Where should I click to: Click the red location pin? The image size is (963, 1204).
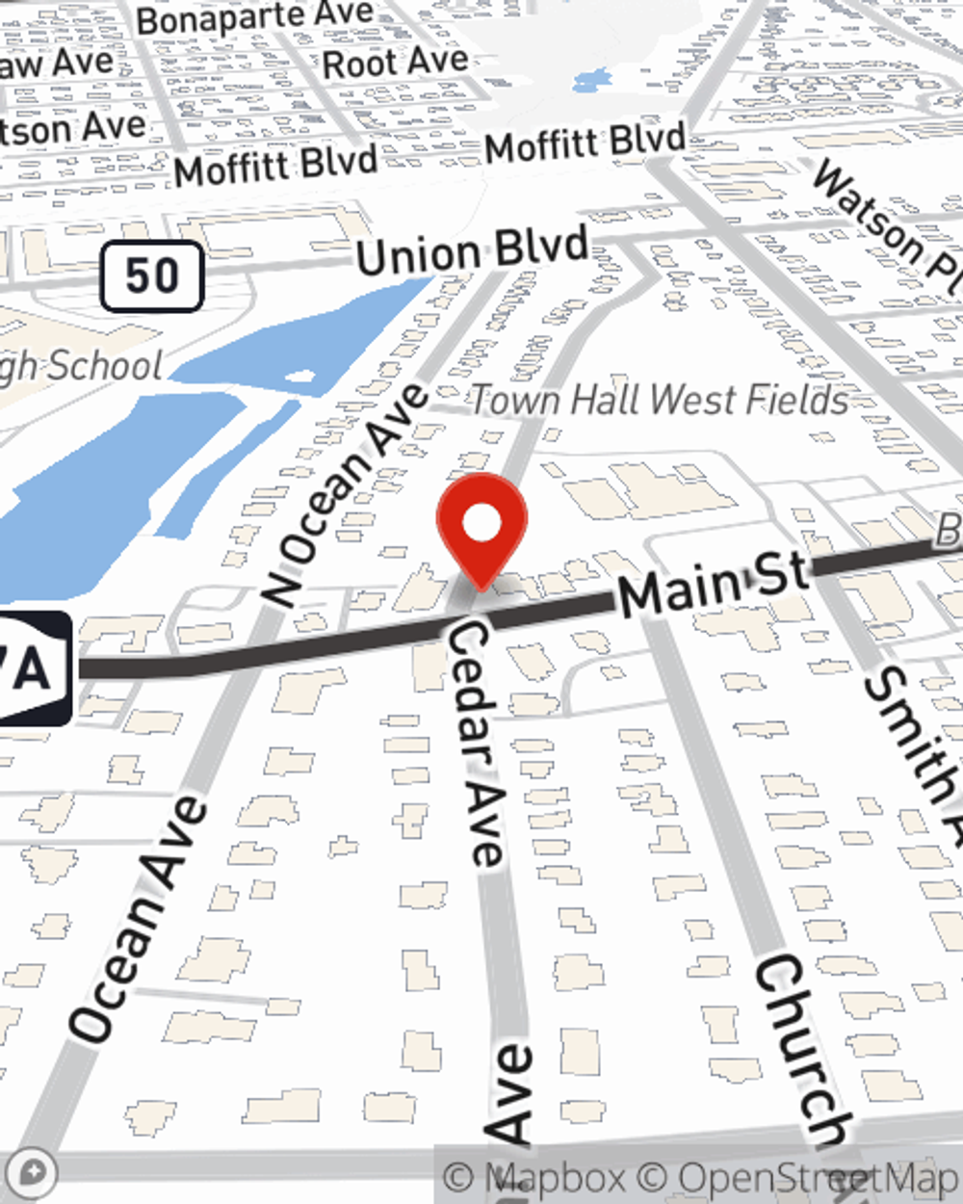481,526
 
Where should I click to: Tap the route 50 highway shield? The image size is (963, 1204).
152,276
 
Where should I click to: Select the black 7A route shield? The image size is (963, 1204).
34,667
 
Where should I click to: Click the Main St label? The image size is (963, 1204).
714,583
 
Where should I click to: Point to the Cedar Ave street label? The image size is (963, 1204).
475,742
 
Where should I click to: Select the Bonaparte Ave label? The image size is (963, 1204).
255,16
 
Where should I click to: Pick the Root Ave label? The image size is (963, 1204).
395,63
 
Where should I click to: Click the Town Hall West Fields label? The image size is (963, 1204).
660,400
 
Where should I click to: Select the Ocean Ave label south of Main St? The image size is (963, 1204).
140,920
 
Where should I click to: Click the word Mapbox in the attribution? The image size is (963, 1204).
558,1178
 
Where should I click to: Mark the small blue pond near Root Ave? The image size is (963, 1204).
590,81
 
